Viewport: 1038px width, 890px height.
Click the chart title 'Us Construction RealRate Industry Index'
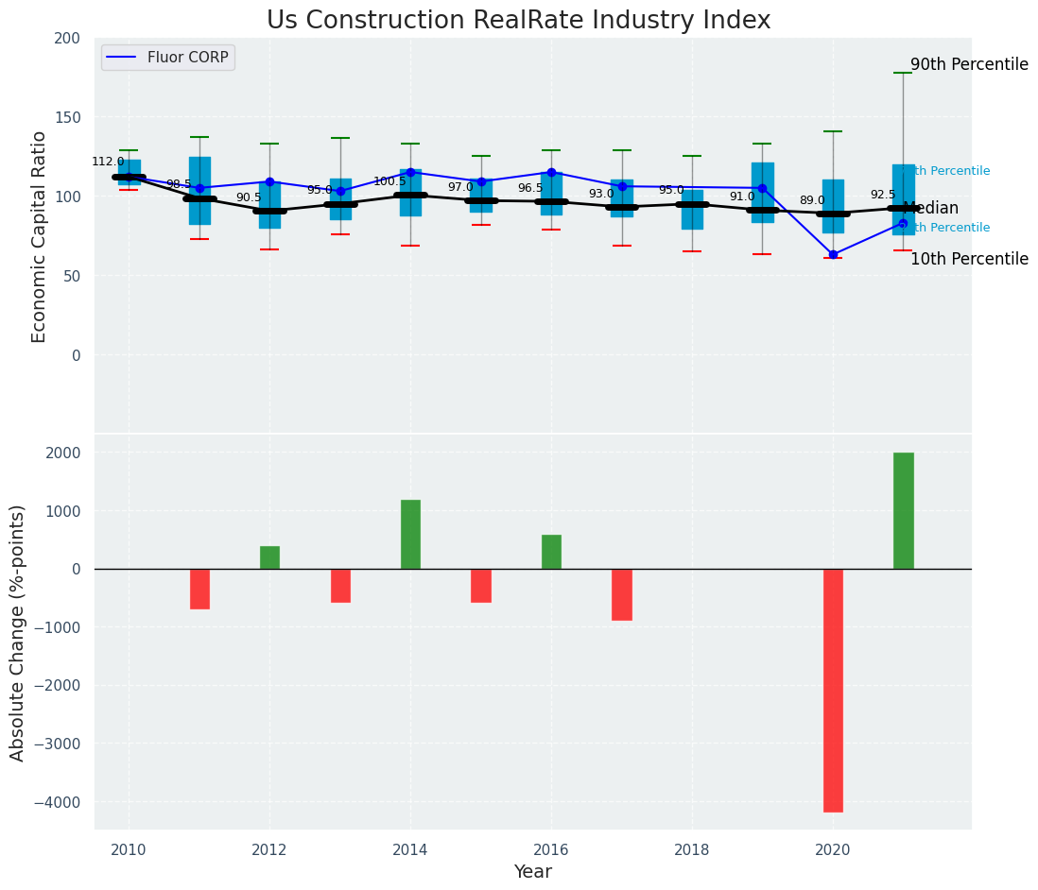coord(518,21)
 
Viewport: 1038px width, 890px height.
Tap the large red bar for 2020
coord(833,690)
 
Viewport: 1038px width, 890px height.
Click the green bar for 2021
coord(903,511)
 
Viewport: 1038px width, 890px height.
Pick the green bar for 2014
coord(410,535)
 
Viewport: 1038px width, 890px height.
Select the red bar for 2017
coord(622,594)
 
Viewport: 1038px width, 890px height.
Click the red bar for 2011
coord(199,589)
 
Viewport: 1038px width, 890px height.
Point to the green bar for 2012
coord(269,557)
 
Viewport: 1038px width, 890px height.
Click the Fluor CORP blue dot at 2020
coord(833,254)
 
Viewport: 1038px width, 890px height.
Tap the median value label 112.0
coord(108,162)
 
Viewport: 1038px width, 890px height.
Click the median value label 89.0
coord(812,200)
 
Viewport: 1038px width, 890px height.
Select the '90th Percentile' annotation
coord(969,65)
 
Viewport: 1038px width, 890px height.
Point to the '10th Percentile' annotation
coord(969,259)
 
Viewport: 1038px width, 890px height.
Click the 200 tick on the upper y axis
coord(68,38)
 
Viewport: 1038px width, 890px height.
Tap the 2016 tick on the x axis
coord(551,850)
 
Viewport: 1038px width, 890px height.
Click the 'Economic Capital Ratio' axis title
coord(40,236)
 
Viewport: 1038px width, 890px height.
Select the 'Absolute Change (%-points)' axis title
coord(18,633)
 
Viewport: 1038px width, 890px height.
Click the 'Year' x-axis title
coord(532,872)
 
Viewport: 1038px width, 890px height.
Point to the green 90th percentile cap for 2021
coord(903,73)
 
